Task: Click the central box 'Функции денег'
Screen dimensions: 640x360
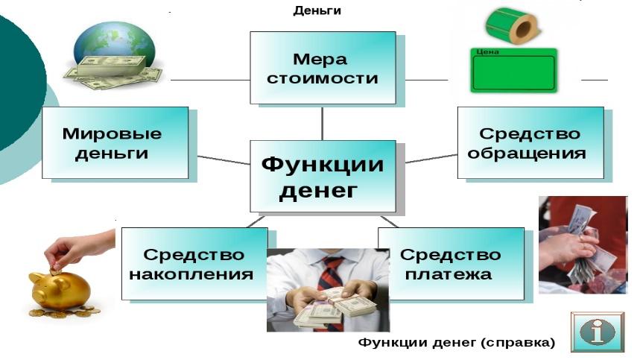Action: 323,177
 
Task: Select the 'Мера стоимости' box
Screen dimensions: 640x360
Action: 323,68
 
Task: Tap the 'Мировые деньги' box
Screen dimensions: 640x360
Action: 115,143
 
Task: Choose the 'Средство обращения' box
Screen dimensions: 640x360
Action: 530,143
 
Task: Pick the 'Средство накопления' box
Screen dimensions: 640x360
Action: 194,264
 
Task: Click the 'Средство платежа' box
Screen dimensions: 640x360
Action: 451,264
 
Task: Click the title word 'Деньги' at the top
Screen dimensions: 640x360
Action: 317,10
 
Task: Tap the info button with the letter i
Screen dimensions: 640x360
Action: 597,332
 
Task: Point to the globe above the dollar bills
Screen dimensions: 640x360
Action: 114,44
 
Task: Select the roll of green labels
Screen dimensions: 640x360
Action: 513,25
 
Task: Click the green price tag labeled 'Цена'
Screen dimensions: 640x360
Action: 514,70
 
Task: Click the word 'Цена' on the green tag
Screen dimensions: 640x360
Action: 487,52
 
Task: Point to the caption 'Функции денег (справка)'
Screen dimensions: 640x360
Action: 457,342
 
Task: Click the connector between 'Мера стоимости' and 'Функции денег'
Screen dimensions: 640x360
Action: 323,122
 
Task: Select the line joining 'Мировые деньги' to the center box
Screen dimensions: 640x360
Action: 224,160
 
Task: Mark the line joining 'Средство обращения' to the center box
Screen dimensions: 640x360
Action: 431,159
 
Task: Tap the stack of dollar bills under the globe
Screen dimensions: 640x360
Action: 113,72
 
